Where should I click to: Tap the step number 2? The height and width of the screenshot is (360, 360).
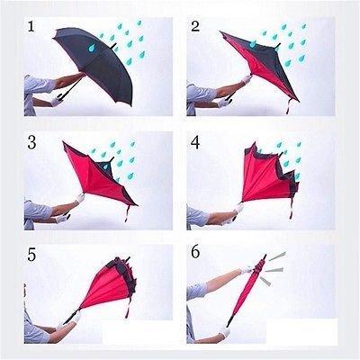(195, 26)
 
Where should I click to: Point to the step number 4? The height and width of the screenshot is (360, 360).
(195, 141)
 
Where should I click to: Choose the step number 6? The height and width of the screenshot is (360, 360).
(195, 255)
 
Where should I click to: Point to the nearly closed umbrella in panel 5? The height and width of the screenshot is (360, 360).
(117, 288)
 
